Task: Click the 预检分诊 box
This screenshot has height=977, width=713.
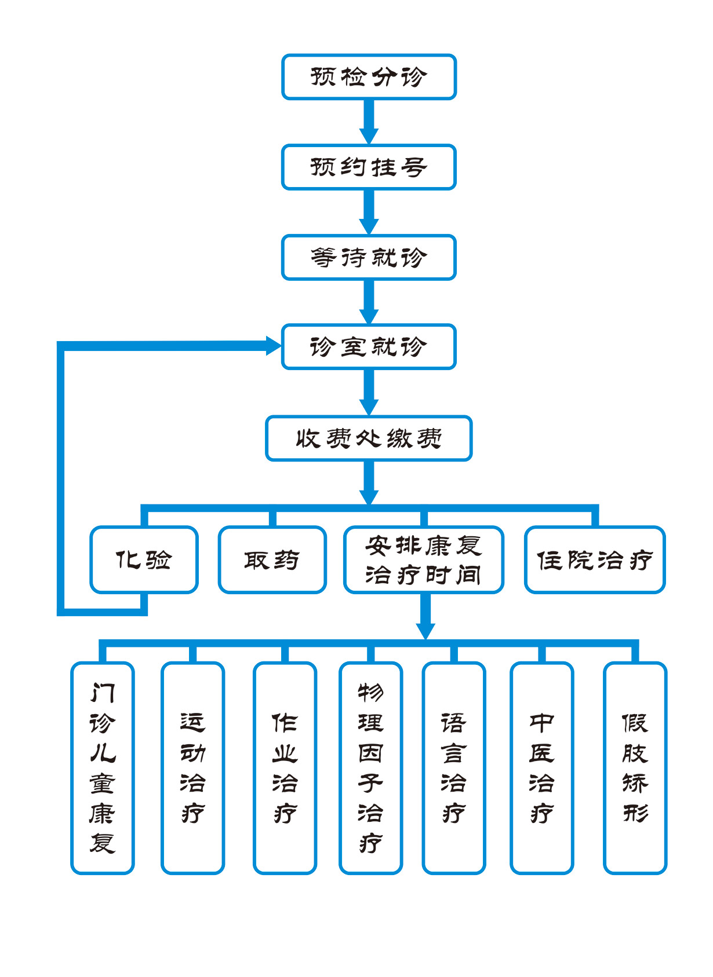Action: pyautogui.click(x=369, y=77)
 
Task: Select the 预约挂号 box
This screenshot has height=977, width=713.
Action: pyautogui.click(x=369, y=167)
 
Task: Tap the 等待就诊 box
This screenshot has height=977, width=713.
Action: pyautogui.click(x=369, y=257)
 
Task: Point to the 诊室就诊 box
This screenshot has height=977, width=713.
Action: pyautogui.click(x=369, y=347)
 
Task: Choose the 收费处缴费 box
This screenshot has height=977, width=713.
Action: pyautogui.click(x=369, y=438)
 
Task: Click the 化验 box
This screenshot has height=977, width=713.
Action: pyautogui.click(x=144, y=560)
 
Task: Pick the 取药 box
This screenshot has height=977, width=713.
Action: pyautogui.click(x=272, y=560)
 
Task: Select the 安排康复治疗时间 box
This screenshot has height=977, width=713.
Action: pyautogui.click(x=423, y=560)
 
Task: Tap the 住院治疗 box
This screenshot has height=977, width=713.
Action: pyautogui.click(x=594, y=560)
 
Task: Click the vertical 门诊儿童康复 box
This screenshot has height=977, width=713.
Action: pyautogui.click(x=103, y=767)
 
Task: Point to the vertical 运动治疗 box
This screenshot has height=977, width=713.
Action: pyautogui.click(x=192, y=767)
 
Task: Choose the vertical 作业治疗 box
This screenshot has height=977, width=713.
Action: pyautogui.click(x=285, y=767)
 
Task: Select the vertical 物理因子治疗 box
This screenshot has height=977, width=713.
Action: pyautogui.click(x=370, y=767)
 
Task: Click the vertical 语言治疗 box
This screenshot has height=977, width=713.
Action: pyautogui.click(x=453, y=767)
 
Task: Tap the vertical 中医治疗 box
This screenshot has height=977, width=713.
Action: pyautogui.click(x=541, y=767)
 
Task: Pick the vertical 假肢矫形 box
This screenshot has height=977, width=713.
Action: pyautogui.click(x=635, y=767)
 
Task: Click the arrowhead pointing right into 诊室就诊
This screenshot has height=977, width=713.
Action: pyautogui.click(x=272, y=346)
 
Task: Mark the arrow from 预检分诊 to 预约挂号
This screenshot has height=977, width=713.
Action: pyautogui.click(x=369, y=122)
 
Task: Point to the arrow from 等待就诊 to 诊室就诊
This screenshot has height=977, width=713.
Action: pyautogui.click(x=369, y=302)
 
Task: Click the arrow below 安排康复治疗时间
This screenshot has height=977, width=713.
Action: pyautogui.click(x=425, y=616)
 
